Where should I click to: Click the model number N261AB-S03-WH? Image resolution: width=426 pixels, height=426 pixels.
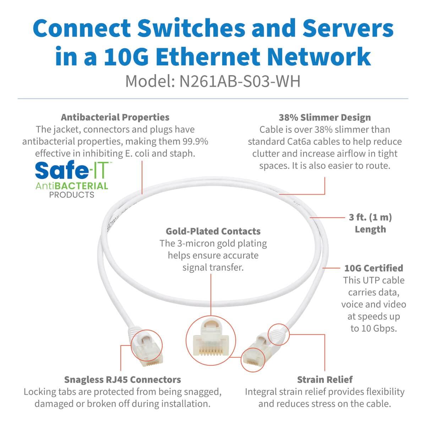coord(240,81)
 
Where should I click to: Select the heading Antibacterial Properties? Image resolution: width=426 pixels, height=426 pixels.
coord(115,117)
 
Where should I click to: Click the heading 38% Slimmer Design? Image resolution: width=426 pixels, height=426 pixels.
coord(324,118)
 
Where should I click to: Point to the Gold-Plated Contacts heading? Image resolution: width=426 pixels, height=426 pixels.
coord(213,231)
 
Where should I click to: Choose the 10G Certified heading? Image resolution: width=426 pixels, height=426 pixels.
coord(373,268)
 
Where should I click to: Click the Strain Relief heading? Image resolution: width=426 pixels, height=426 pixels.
coord(324,379)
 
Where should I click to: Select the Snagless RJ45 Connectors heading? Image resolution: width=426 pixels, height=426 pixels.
coord(122,379)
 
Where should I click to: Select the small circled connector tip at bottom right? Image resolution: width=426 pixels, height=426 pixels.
coord(253,359)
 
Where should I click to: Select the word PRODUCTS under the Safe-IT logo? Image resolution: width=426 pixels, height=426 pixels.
coord(72,195)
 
